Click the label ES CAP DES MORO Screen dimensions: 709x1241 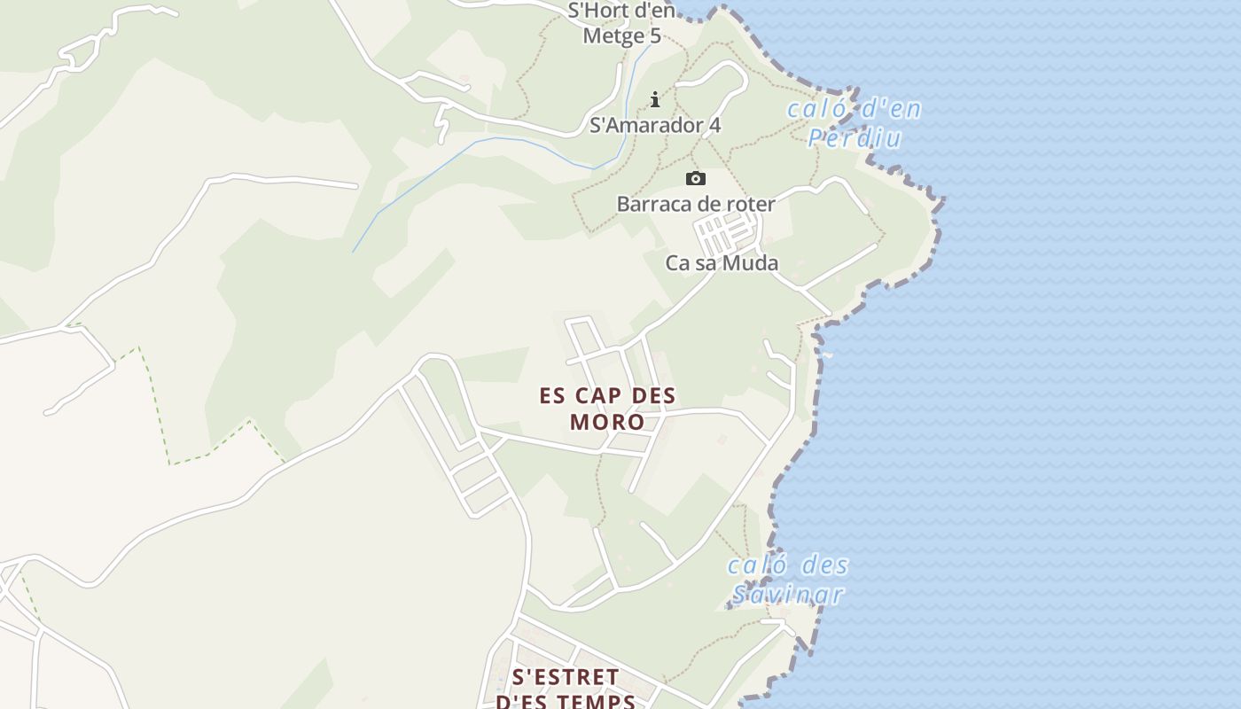pyautogui.click(x=607, y=408)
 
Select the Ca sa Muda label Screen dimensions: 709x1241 pyautogui.click(x=722, y=263)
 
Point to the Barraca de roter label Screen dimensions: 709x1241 pyautogui.click(x=696, y=204)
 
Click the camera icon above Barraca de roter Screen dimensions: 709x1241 pyautogui.click(x=696, y=179)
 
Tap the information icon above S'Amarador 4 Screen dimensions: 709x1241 pyautogui.click(x=655, y=99)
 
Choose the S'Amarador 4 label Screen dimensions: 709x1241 pyautogui.click(x=655, y=125)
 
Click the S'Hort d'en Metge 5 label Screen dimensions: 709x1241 pyautogui.click(x=621, y=23)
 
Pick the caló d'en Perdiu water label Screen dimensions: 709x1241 pyautogui.click(x=855, y=124)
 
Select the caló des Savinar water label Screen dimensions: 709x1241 pyautogui.click(x=788, y=580)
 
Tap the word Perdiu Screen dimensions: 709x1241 pyautogui.click(x=855, y=138)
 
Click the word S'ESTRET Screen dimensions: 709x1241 pyautogui.click(x=566, y=677)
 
